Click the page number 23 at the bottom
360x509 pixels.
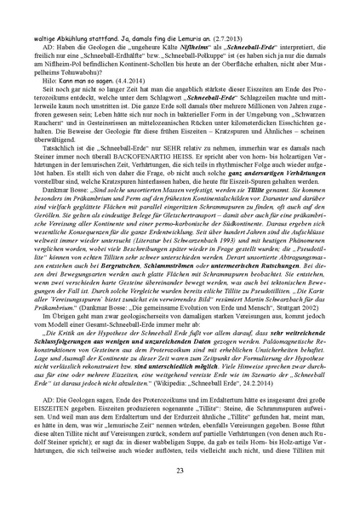click(180, 471)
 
